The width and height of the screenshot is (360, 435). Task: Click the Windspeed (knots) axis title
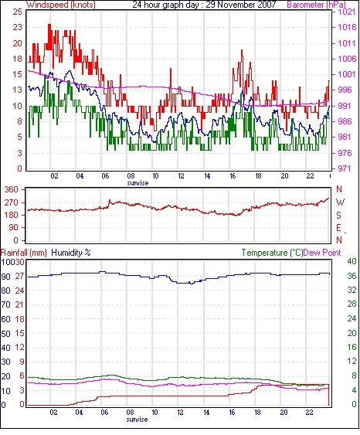pos(61,5)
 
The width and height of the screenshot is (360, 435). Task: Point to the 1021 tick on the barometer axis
pos(347,12)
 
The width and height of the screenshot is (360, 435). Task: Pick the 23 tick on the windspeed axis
pos(17,28)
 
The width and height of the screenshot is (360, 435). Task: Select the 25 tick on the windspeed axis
pos(17,12)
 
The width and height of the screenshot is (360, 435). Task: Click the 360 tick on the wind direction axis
pos(11,190)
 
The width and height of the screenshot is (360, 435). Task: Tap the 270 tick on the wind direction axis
pos(11,202)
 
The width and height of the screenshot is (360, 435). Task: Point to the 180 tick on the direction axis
pos(11,215)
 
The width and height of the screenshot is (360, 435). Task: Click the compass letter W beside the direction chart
pos(340,202)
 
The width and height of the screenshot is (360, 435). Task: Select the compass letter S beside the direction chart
pos(338,215)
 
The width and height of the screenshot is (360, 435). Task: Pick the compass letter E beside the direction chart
pos(338,228)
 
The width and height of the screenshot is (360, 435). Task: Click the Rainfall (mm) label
pos(24,253)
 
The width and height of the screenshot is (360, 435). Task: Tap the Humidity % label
pos(71,253)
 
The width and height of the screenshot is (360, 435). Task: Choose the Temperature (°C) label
pos(272,253)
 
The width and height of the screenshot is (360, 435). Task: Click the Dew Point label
pos(322,253)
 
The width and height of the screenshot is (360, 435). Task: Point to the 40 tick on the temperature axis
pos(352,261)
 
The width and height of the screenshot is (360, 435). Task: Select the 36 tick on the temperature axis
pos(352,276)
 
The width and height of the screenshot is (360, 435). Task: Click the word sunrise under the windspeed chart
pos(138,183)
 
